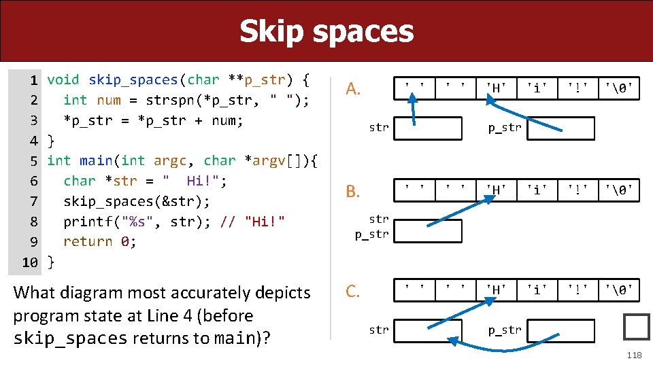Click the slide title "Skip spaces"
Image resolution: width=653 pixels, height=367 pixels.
326,31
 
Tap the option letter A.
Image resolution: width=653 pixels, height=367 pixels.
352,89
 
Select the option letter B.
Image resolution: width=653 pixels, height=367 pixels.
352,191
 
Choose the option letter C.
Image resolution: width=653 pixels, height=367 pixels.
352,292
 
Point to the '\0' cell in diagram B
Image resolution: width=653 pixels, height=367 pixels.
620,190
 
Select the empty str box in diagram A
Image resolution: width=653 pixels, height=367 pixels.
428,128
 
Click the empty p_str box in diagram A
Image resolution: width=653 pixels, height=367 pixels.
560,128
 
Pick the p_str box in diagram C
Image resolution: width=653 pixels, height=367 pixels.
560,330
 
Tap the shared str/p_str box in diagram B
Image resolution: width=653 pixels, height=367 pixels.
428,231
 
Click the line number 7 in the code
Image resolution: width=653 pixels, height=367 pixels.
33,201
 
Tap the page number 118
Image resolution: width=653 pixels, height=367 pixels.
634,355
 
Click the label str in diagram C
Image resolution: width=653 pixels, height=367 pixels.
379,330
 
